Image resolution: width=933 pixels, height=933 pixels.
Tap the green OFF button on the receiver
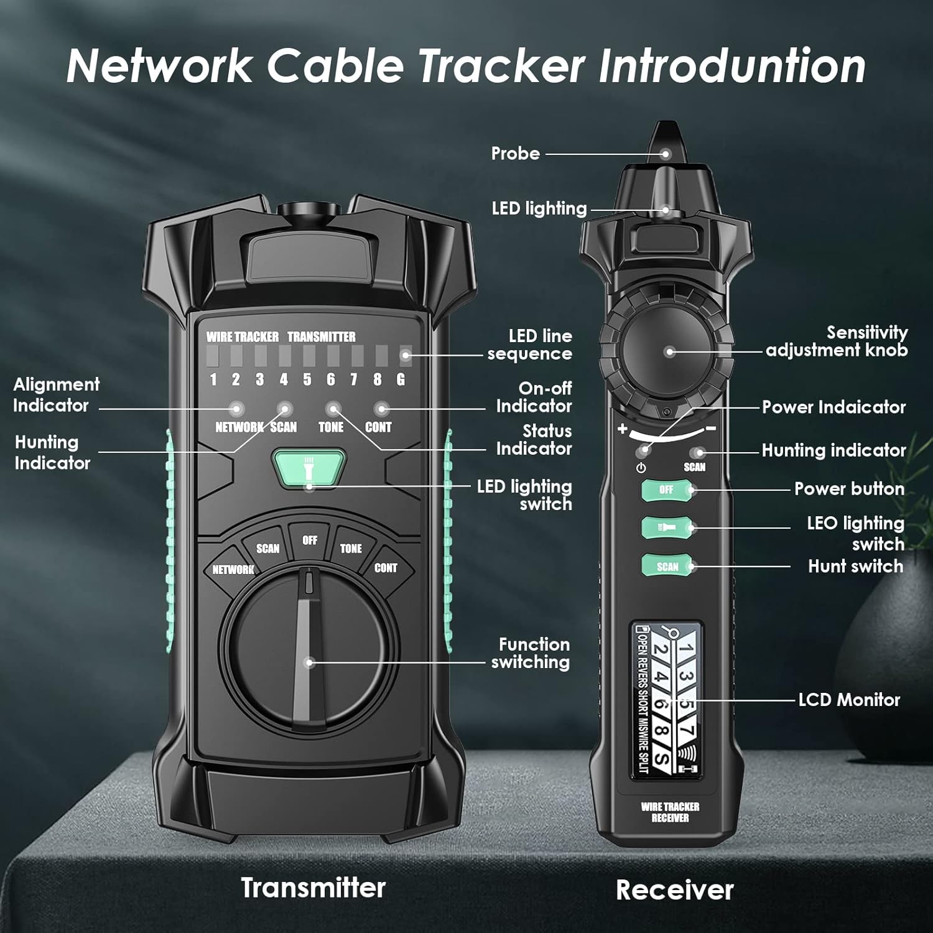pyautogui.click(x=667, y=490)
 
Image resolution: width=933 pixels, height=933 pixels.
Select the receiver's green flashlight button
pyautogui.click(x=667, y=527)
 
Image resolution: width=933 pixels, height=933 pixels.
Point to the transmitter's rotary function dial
pyautogui.click(x=309, y=650)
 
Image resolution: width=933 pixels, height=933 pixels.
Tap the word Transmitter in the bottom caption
pyautogui.click(x=313, y=888)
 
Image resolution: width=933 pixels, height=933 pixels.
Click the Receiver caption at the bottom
pyautogui.click(x=674, y=889)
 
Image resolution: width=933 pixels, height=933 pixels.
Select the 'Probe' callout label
pyautogui.click(x=515, y=154)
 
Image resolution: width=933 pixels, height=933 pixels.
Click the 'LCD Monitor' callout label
pyautogui.click(x=849, y=700)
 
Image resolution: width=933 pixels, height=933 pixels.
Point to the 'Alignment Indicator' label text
pyautogui.click(x=56, y=395)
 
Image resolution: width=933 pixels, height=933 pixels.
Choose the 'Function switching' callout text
pyautogui.click(x=532, y=653)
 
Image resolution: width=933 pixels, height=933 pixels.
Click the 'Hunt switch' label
pyautogui.click(x=855, y=566)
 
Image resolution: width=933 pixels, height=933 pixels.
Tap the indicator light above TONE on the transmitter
pyautogui.click(x=333, y=409)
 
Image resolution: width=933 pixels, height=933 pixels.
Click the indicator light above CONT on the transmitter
pyautogui.click(x=381, y=409)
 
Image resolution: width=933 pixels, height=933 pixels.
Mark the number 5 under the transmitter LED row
pyautogui.click(x=307, y=379)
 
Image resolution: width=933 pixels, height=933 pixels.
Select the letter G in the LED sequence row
pyautogui.click(x=401, y=379)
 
